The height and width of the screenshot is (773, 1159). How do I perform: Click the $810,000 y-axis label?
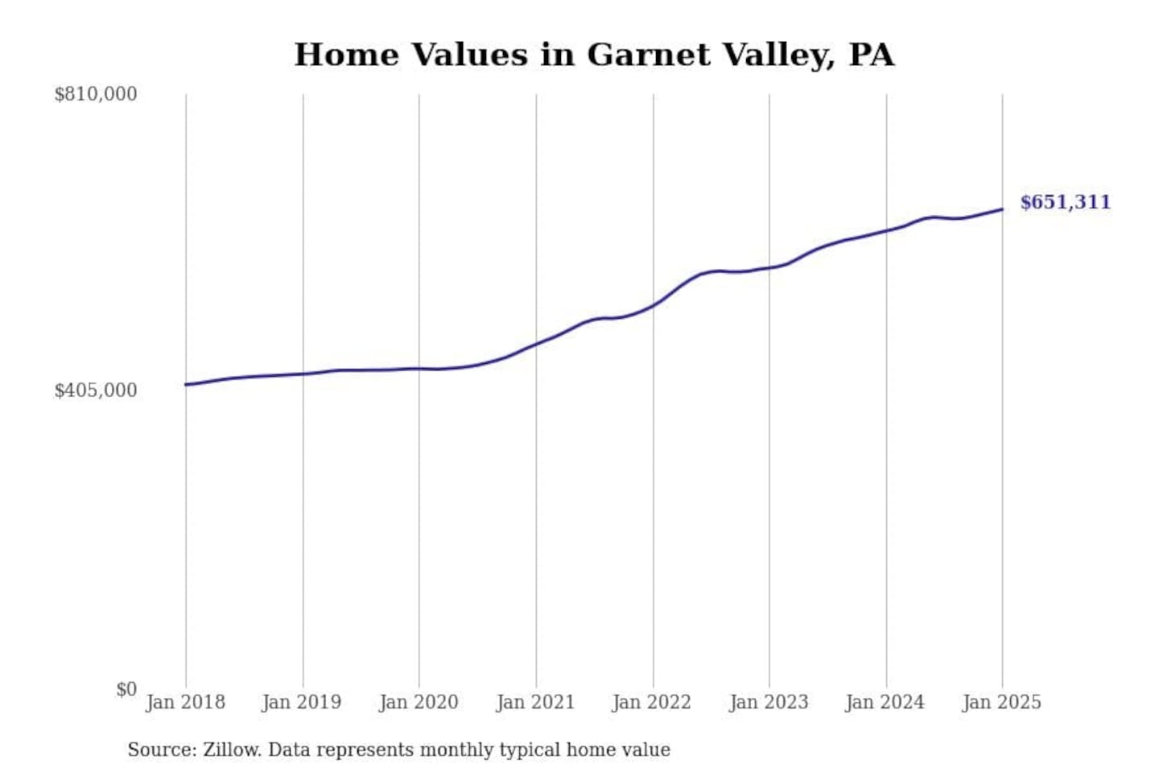[x=95, y=94]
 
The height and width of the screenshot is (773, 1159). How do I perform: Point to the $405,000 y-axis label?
[x=95, y=391]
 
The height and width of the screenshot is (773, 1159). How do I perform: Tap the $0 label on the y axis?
[x=126, y=689]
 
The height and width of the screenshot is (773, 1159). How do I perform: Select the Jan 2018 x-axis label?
[x=185, y=702]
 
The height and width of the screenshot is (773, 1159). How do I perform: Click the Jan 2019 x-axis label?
[x=302, y=702]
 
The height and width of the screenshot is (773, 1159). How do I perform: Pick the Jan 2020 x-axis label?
[x=419, y=702]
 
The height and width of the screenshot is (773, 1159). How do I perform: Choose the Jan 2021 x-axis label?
[x=535, y=702]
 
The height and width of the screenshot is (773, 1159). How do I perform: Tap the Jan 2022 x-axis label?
[x=652, y=702]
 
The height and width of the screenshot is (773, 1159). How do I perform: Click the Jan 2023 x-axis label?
[x=769, y=702]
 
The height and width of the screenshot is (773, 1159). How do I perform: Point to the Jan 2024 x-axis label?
[x=885, y=702]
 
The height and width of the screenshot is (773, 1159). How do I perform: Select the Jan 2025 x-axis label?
[x=1002, y=702]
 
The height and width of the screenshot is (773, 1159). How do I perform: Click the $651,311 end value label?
[x=1065, y=202]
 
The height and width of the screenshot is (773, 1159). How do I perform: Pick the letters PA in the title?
[x=872, y=55]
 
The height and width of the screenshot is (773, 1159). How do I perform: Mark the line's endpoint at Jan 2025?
[x=1002, y=209]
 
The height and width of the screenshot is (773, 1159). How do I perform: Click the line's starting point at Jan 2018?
[x=186, y=384]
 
